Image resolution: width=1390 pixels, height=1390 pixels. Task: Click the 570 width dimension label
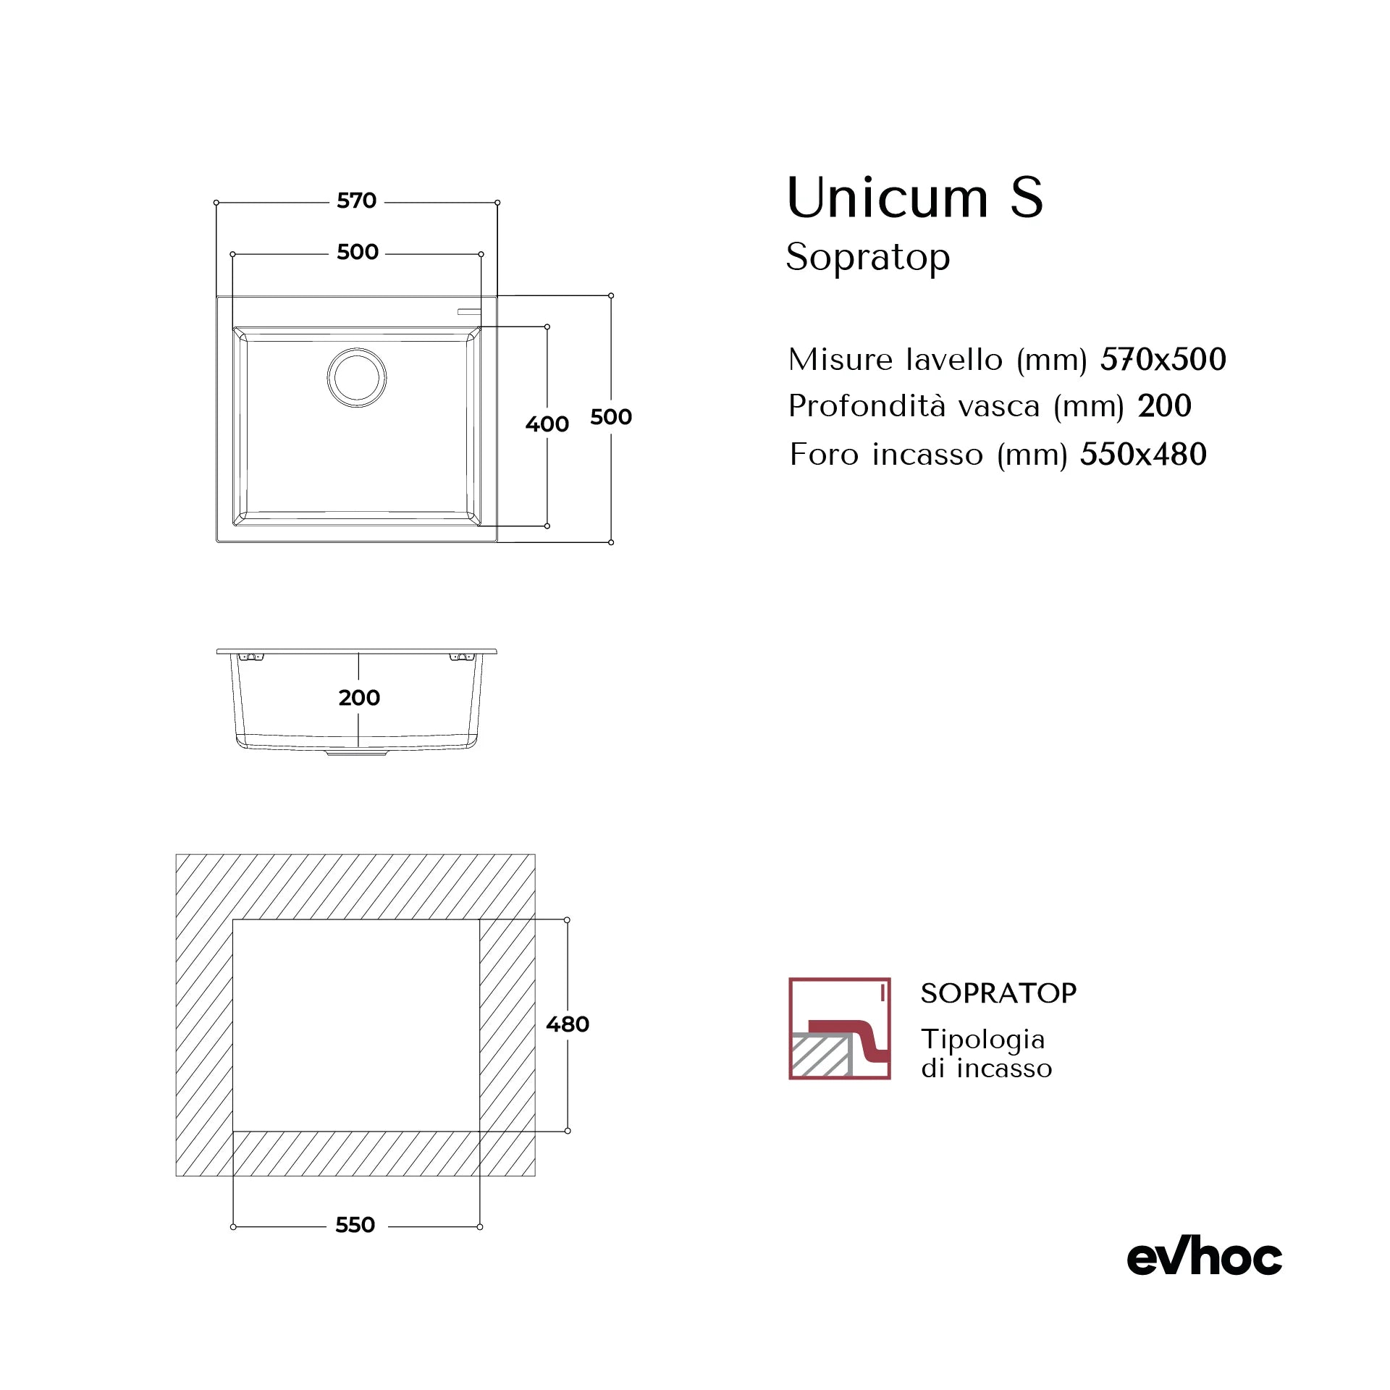click(x=356, y=201)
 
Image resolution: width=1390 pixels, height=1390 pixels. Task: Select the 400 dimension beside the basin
click(x=547, y=424)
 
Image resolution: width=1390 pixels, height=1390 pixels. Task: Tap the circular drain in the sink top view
click(x=356, y=377)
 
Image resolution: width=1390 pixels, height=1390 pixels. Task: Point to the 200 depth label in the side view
click(x=359, y=698)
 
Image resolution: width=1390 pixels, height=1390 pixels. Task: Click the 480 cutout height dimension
click(x=568, y=1024)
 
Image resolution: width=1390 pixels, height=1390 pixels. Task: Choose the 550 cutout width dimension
click(x=355, y=1225)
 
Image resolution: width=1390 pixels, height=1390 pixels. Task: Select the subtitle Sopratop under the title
click(x=868, y=258)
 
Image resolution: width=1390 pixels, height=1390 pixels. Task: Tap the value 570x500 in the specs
click(x=1163, y=359)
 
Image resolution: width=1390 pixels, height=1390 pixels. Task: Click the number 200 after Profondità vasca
click(x=1164, y=406)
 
